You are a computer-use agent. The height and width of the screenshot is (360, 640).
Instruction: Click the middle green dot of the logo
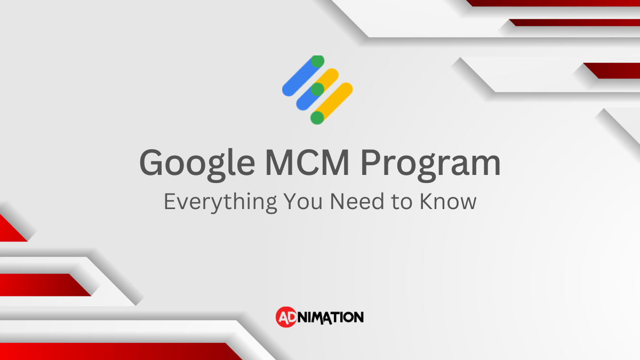[317, 89]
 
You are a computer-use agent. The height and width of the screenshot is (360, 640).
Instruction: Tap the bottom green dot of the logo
[317, 117]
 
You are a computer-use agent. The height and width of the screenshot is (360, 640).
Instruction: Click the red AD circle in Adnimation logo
[285, 317]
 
